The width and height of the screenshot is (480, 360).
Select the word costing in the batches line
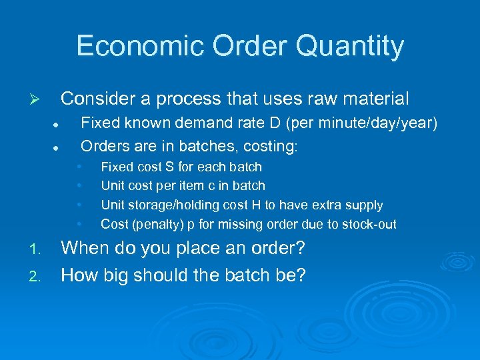[273, 145]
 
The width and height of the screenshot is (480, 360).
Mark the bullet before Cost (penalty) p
[79, 225]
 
